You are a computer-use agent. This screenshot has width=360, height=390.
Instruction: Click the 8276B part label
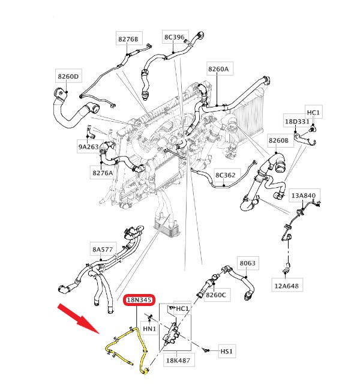[128, 39]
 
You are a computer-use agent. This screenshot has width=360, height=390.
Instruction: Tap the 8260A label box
[218, 69]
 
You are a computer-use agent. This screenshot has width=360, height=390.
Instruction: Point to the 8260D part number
[68, 77]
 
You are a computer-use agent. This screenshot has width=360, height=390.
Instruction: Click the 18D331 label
[297, 122]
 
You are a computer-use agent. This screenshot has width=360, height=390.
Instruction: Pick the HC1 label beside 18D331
[314, 113]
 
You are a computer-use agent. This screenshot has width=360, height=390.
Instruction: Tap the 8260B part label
[278, 140]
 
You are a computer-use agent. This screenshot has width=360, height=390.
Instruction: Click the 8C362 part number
[226, 175]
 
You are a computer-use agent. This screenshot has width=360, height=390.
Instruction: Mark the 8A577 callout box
[103, 249]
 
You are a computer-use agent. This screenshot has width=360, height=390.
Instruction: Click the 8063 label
[247, 263]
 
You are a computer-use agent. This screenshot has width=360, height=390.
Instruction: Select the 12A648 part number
[286, 286]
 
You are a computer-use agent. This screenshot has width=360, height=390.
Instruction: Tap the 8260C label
[215, 295]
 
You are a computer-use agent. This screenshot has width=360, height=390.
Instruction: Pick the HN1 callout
[149, 329]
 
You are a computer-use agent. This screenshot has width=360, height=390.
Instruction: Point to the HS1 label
[226, 351]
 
